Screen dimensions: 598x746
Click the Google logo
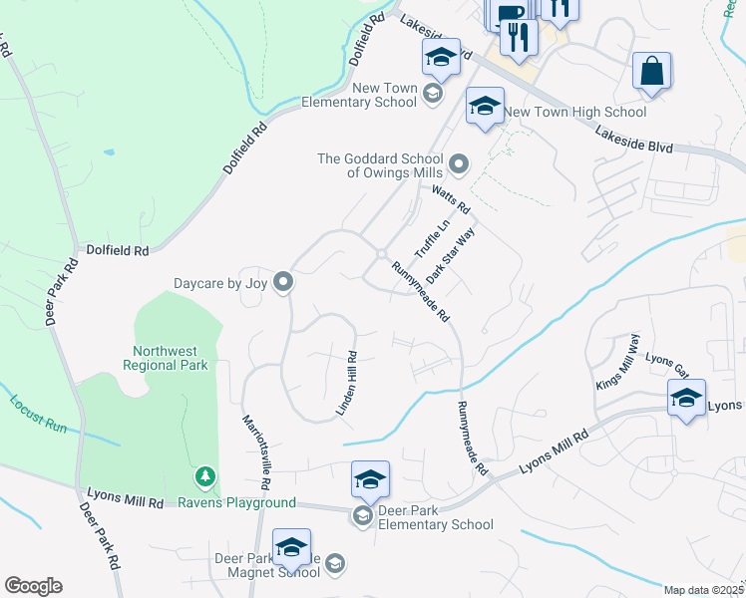34,585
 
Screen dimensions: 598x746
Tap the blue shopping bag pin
651,72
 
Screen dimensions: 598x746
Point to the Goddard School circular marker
459,162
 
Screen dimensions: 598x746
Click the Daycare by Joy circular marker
283,284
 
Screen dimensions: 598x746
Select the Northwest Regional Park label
169,358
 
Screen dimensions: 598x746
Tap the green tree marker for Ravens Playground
205,478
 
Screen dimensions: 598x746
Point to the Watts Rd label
450,197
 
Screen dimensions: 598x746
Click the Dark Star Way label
451,255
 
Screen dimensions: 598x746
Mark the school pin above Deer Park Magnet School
291,548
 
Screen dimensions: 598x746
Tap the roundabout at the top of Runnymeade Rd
381,253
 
